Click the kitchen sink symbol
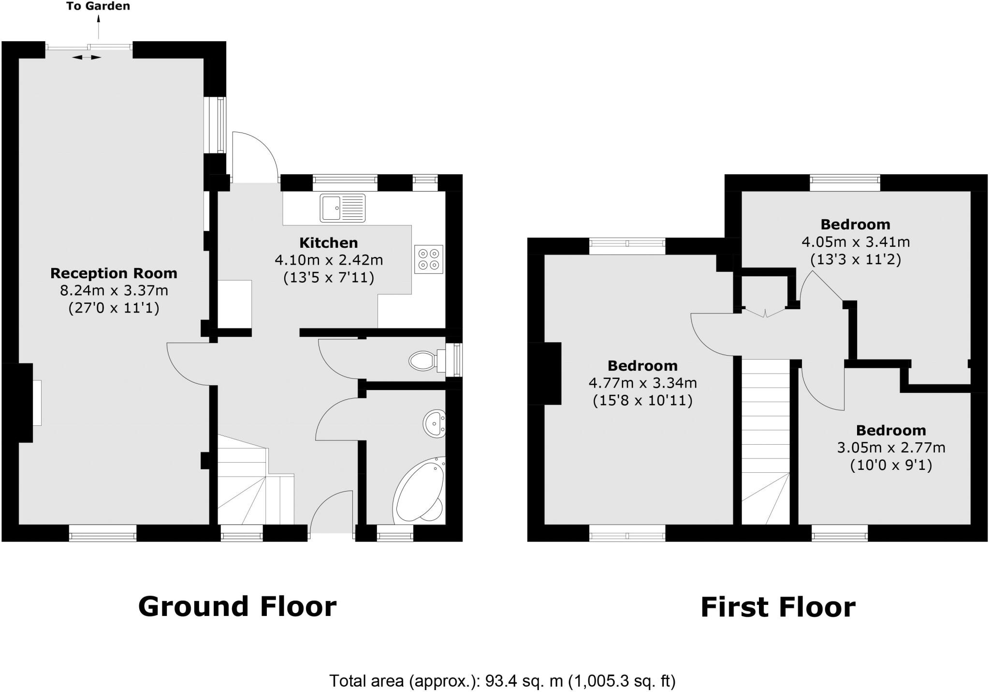342,208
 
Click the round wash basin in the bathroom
434,424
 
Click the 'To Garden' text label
98,6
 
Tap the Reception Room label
114,273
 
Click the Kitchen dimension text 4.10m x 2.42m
329,260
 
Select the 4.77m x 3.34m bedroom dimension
642,383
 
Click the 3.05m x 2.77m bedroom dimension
891,448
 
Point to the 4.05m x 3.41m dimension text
856,241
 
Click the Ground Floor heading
237,606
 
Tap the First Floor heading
778,607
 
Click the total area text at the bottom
502,681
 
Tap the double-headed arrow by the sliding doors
87,58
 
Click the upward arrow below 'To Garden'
99,27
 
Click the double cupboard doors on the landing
765,313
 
